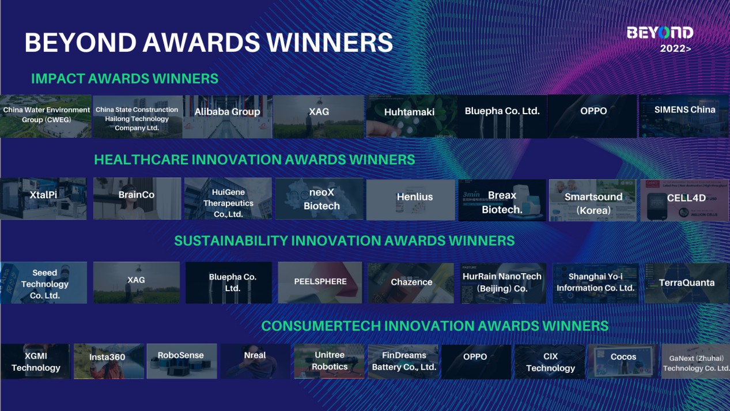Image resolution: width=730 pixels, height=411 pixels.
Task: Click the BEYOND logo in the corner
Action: (x=660, y=33)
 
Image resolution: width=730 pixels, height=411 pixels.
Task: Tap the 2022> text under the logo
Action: (x=675, y=48)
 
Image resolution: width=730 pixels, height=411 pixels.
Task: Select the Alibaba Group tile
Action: (x=227, y=116)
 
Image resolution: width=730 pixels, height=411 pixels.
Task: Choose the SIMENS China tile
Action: (x=684, y=116)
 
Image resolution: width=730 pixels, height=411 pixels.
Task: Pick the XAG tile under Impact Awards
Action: (x=319, y=116)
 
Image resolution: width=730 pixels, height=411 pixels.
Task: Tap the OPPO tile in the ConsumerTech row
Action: (x=476, y=361)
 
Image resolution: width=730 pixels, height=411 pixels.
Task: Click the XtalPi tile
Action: (x=43, y=198)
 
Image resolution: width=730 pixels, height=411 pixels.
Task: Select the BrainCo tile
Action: (x=137, y=198)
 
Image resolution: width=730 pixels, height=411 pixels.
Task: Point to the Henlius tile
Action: (x=411, y=200)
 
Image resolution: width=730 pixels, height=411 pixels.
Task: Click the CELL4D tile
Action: (x=684, y=200)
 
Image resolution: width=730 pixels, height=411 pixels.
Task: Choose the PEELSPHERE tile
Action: (x=320, y=282)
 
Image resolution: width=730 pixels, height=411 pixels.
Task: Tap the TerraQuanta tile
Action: (x=687, y=283)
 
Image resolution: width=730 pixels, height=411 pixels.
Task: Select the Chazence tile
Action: (x=411, y=283)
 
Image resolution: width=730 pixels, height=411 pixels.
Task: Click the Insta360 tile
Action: (x=108, y=361)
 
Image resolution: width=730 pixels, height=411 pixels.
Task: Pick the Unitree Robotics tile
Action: (x=329, y=361)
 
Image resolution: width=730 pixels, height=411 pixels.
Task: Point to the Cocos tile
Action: (x=623, y=361)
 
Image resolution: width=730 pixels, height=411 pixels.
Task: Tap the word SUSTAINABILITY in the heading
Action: (x=230, y=241)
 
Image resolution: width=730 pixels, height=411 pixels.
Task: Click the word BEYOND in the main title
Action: (x=81, y=43)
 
